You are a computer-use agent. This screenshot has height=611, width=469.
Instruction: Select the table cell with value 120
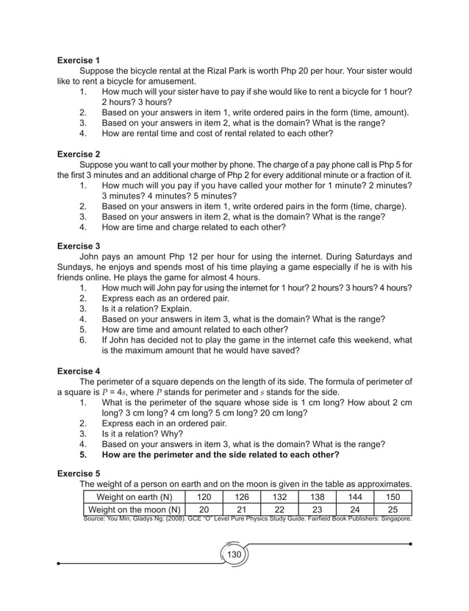pyautogui.click(x=206, y=497)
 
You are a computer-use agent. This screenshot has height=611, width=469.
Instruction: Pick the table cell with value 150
pyautogui.click(x=393, y=497)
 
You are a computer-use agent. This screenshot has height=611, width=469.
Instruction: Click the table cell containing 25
pyautogui.click(x=393, y=510)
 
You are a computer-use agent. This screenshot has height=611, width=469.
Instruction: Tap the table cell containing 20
pyautogui.click(x=206, y=510)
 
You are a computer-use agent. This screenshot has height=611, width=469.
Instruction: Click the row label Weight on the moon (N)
pyautogui.click(x=134, y=510)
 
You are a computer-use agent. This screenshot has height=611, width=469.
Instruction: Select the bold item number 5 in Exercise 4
pyautogui.click(x=84, y=454)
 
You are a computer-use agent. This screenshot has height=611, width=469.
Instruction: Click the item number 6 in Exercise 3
pyautogui.click(x=84, y=340)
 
